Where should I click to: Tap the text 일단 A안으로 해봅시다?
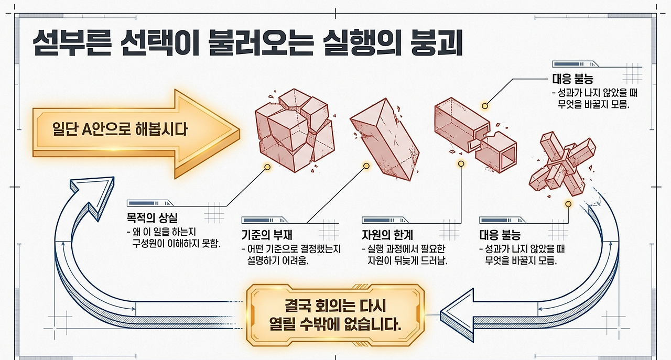120,129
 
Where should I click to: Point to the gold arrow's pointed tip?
240,131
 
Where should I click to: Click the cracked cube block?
295,130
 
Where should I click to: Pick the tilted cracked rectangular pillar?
385,139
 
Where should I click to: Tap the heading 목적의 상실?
152,218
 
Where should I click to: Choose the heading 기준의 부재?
267,235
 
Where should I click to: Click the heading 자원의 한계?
387,235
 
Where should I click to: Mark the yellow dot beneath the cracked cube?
267,167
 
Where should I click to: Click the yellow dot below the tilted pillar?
366,166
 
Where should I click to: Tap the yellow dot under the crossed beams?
568,204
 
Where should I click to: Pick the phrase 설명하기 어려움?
278,260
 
